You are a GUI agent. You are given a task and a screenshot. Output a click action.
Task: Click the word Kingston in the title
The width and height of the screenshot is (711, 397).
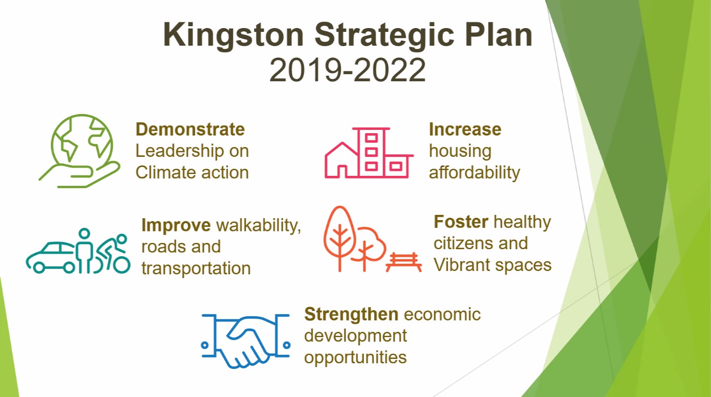[234, 36]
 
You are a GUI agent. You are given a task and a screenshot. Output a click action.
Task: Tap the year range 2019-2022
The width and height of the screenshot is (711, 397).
[347, 70]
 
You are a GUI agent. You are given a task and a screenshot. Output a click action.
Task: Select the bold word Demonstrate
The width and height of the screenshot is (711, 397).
[190, 130]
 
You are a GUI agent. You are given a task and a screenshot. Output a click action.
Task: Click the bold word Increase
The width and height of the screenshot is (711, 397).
[465, 130]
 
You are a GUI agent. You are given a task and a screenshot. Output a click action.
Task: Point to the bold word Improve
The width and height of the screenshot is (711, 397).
[176, 225]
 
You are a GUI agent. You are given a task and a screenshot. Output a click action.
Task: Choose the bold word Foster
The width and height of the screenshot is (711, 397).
[461, 222]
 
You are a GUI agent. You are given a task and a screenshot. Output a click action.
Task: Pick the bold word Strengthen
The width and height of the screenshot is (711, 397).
[351, 314]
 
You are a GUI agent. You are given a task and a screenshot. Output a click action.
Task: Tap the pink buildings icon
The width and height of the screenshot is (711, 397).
[369, 153]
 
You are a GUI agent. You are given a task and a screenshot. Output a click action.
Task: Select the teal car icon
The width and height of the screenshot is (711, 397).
[51, 257]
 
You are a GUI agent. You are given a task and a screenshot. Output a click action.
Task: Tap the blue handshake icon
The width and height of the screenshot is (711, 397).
[245, 341]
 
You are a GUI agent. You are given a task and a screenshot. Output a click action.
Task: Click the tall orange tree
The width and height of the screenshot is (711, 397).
[340, 239]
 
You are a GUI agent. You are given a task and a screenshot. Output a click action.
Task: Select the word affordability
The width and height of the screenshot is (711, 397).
[474, 173]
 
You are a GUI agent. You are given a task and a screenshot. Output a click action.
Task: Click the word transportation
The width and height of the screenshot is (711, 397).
[196, 268]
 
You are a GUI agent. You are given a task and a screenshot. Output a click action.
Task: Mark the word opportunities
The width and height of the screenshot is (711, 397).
[355, 358]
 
